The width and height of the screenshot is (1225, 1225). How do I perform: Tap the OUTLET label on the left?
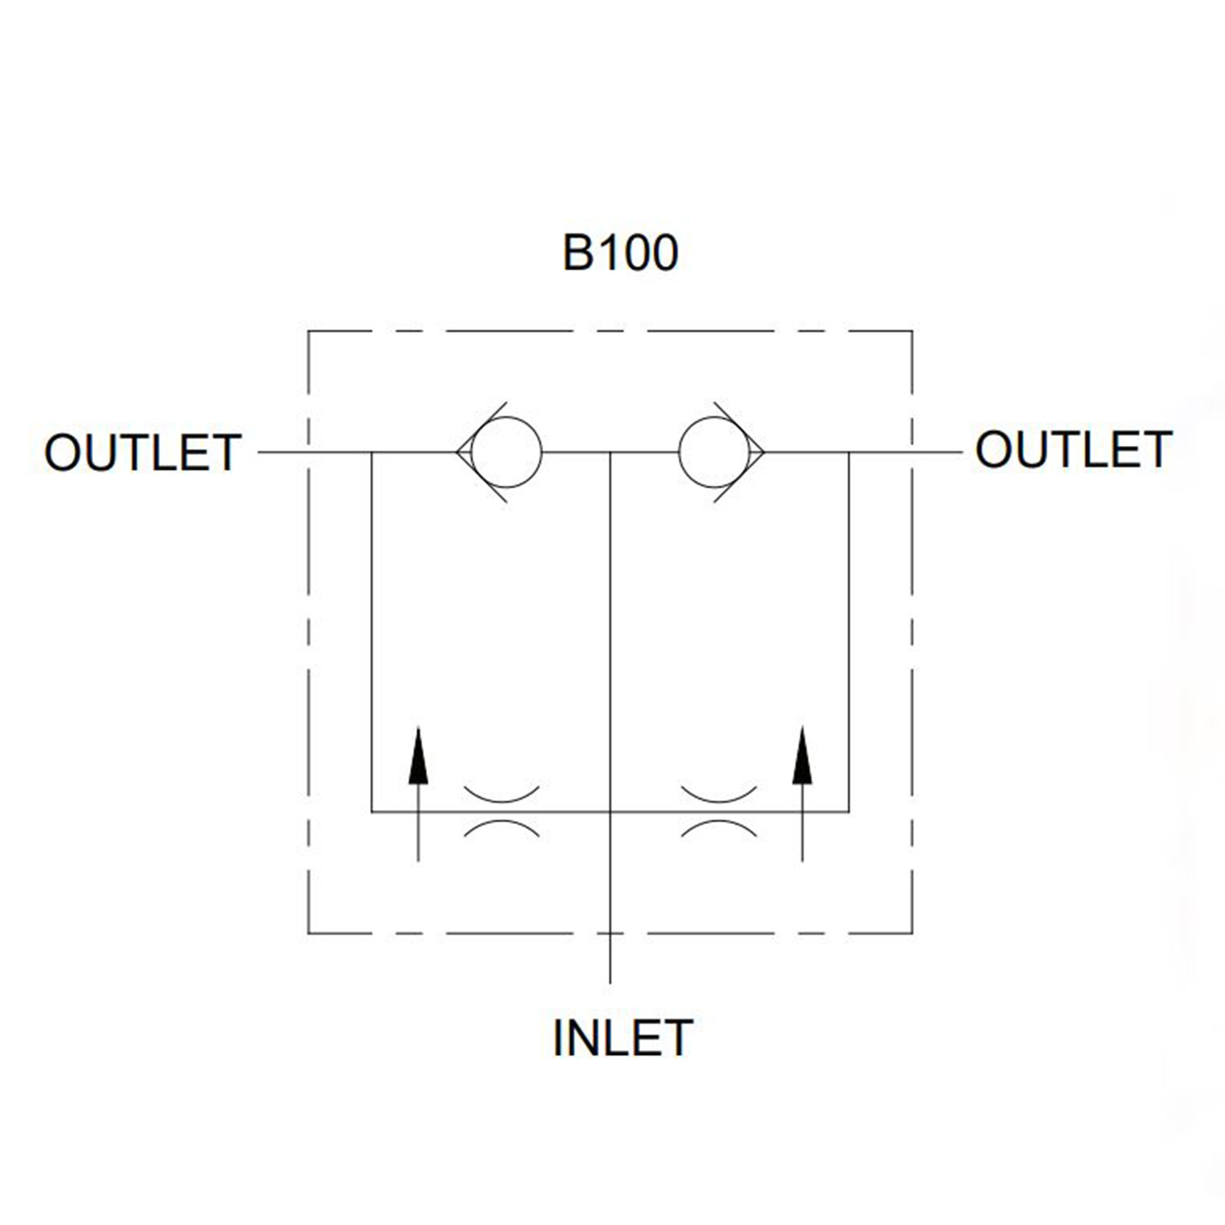click(x=143, y=452)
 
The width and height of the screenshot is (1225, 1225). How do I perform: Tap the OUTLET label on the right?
click(x=1074, y=450)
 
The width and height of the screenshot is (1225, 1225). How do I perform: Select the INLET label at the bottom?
click(x=622, y=1038)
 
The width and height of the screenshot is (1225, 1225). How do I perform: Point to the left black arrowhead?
click(x=418, y=755)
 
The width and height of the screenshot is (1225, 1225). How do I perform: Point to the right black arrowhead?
click(x=803, y=755)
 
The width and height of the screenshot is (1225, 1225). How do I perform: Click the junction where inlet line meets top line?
click(x=611, y=452)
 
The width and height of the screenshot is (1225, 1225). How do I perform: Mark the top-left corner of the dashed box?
click(x=308, y=331)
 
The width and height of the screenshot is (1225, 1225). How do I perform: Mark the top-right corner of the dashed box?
click(x=912, y=331)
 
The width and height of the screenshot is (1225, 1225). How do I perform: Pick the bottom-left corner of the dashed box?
click(x=308, y=933)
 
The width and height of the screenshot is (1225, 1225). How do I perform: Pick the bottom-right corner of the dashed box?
click(x=912, y=933)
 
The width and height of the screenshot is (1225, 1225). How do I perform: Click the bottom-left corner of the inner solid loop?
click(x=372, y=812)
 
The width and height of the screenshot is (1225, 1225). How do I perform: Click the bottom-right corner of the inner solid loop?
click(x=849, y=812)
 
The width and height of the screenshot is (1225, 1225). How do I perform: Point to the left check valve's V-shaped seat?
click(x=457, y=452)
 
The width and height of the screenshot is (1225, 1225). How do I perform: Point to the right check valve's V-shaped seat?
click(x=764, y=452)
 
